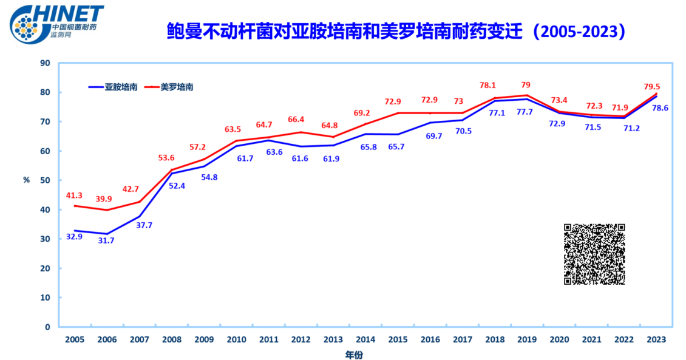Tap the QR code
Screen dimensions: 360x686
tap(594, 254)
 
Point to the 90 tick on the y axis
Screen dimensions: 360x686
tap(45, 63)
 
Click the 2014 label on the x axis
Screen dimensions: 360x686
tap(365, 339)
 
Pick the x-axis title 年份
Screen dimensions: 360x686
tap(354, 354)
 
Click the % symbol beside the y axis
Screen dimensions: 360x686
tap(27, 180)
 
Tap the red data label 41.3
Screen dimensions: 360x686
tap(75, 195)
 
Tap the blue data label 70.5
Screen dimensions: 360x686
tap(463, 131)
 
